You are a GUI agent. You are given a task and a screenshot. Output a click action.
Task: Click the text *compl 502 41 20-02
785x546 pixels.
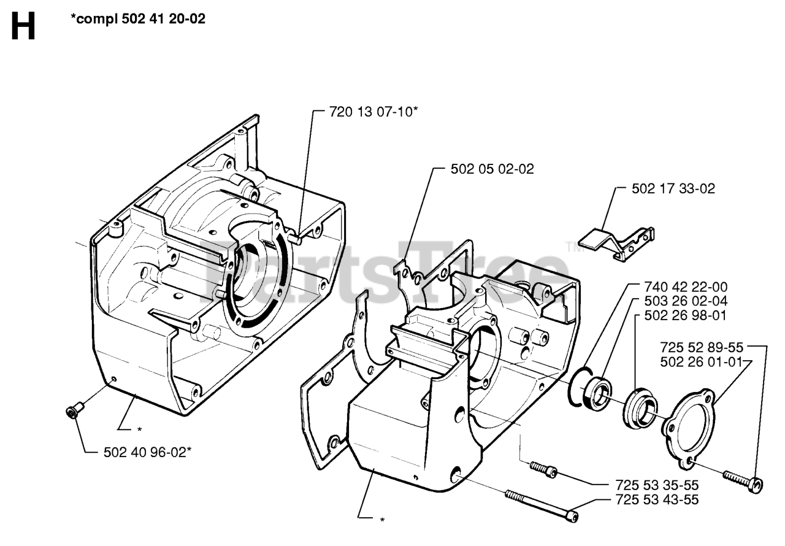[138, 19]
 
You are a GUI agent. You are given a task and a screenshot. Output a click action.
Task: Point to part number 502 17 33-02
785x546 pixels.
[673, 189]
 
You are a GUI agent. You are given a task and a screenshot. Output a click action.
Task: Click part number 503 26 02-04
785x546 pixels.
[686, 301]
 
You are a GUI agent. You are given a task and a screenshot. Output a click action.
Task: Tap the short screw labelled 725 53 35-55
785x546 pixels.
[543, 469]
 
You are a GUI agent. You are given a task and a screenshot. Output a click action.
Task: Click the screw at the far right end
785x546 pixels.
[743, 481]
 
